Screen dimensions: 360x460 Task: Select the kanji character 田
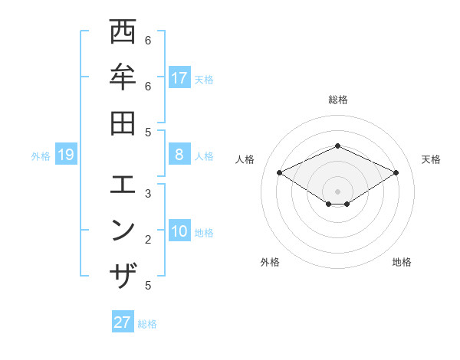tap(123, 122)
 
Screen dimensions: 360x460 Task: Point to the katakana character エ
tap(123, 185)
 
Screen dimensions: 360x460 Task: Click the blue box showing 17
tap(179, 77)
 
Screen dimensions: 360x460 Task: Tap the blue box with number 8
tap(179, 155)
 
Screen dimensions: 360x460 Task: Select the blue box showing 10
tap(179, 232)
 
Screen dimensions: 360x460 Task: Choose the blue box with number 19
tap(66, 155)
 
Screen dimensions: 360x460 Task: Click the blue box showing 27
tap(123, 322)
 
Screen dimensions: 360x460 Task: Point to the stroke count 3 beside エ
tap(148, 193)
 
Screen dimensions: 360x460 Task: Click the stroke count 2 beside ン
tap(148, 240)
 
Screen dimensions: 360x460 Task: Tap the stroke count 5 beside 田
tap(148, 132)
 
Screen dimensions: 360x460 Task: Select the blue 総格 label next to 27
tap(147, 323)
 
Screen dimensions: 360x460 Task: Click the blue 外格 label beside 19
tap(41, 156)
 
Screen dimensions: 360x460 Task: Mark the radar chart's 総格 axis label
tap(338, 100)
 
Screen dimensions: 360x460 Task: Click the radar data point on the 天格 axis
tap(396, 173)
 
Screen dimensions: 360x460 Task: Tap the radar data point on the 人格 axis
tap(279, 173)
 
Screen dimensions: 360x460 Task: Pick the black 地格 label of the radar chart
tap(402, 262)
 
